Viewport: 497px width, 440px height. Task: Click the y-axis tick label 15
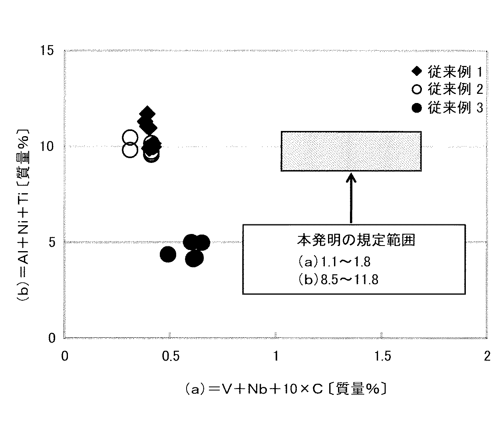pyautogui.click(x=47, y=51)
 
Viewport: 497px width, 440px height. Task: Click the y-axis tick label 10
pyautogui.click(x=47, y=146)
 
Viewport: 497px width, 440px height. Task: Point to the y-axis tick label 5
pyautogui.click(x=51, y=242)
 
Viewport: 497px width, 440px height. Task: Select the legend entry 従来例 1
pyautogui.click(x=447, y=71)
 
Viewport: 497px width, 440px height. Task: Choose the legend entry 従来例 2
pyautogui.click(x=447, y=89)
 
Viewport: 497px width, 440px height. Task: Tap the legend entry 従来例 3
pyautogui.click(x=447, y=108)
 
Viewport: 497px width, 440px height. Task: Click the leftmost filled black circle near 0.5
pyautogui.click(x=168, y=254)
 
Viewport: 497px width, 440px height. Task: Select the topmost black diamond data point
pyautogui.click(x=147, y=113)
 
